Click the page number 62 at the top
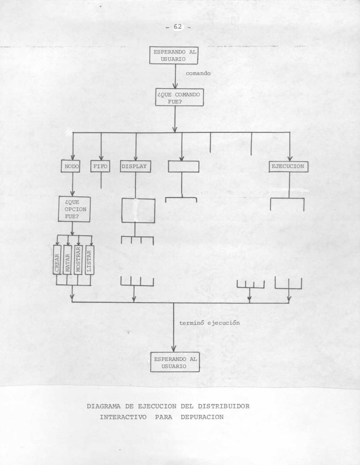click(x=178, y=27)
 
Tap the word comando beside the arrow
click(x=198, y=73)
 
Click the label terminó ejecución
click(x=209, y=323)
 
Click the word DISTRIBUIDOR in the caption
click(x=224, y=406)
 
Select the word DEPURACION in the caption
click(x=202, y=417)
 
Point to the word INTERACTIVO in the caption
click(x=123, y=417)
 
